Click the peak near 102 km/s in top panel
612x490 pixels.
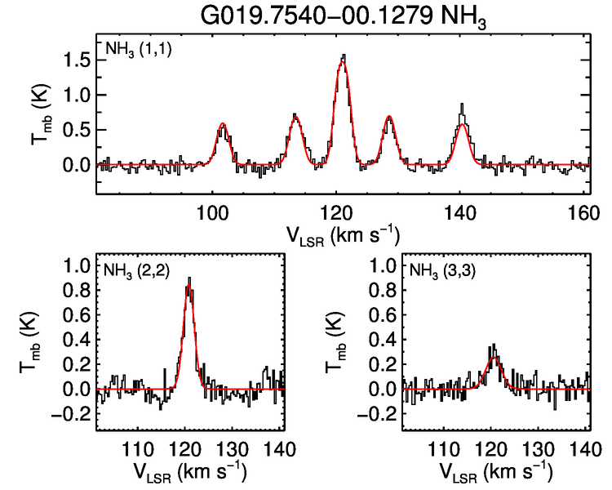click(x=222, y=123)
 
